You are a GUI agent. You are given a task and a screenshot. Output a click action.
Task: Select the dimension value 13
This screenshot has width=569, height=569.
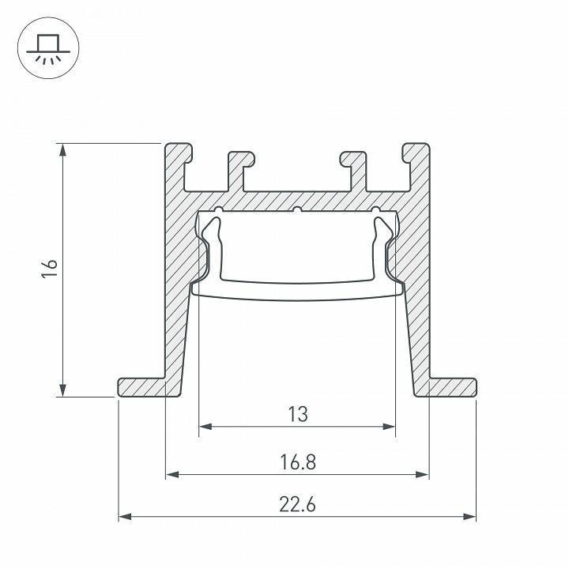click(297, 413)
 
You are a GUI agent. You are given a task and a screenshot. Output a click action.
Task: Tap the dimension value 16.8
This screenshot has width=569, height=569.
click(297, 461)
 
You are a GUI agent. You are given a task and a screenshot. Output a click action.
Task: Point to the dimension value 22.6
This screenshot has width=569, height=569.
click(297, 503)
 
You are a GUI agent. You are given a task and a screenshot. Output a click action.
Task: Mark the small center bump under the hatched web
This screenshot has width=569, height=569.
click(297, 210)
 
